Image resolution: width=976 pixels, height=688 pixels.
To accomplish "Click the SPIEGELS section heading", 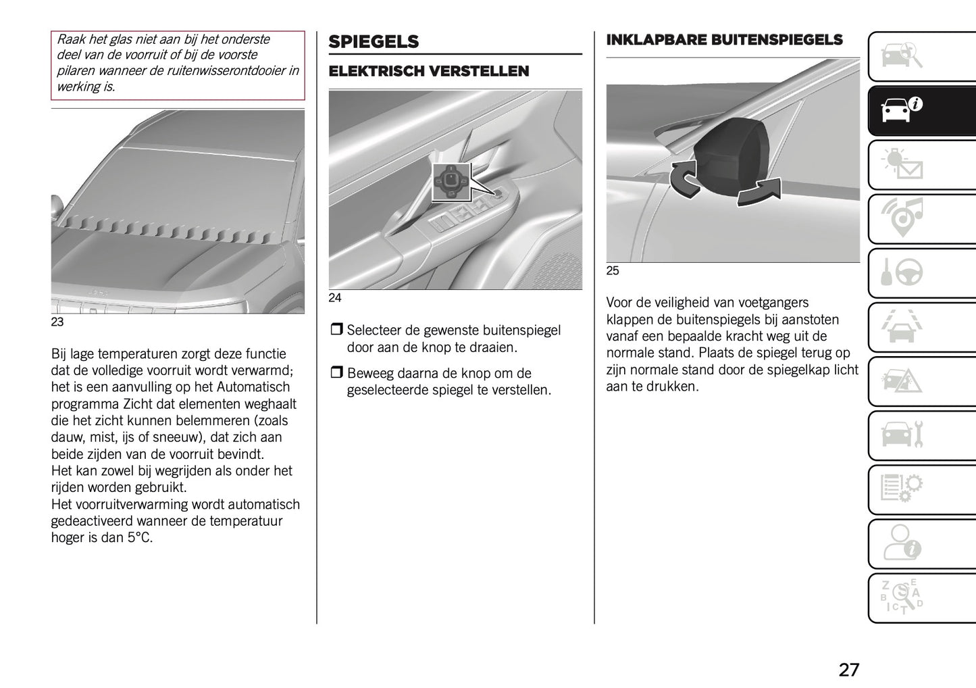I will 374,42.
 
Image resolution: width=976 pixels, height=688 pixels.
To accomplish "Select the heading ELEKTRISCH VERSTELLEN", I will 428,72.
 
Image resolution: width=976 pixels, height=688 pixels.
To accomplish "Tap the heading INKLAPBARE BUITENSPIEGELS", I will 724,40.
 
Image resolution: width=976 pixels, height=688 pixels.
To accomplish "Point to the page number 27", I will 848,669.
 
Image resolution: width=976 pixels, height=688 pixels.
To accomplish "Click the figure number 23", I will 57,322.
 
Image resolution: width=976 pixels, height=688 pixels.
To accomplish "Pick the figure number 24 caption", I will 335,298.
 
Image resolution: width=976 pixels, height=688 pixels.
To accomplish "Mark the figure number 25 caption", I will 613,271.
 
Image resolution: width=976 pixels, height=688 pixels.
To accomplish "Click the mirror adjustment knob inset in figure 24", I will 451,182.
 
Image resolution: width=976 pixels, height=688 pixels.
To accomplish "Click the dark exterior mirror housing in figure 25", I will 731,156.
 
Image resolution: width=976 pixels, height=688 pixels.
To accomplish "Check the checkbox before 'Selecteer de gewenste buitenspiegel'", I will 336,330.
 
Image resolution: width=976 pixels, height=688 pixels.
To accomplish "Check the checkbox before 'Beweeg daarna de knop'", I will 336,373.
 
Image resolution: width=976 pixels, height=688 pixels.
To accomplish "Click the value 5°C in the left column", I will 140,538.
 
